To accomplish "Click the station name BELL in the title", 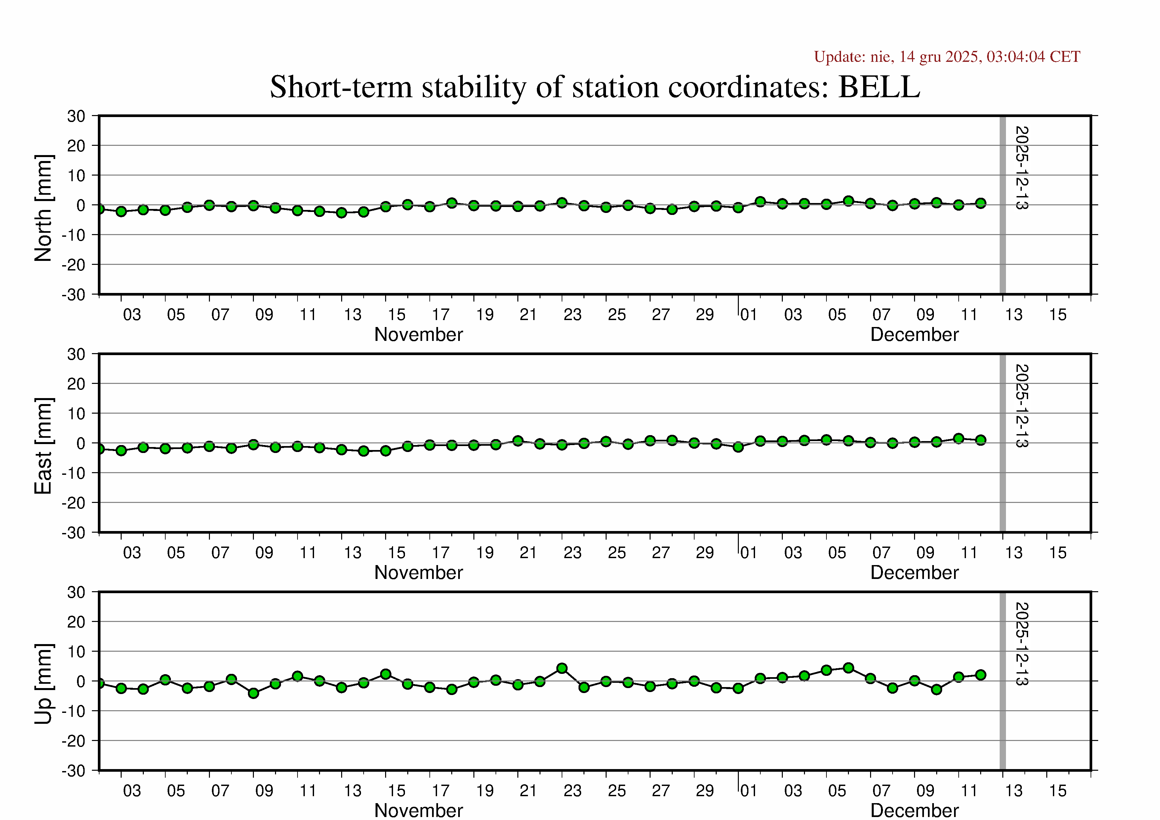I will point(879,87).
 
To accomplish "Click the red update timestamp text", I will point(947,57).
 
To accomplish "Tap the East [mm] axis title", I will point(43,446).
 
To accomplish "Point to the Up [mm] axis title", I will point(43,683).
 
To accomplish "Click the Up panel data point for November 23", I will point(562,669).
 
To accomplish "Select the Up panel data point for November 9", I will point(254,693).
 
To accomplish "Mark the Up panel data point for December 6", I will point(849,668).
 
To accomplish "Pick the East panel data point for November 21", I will point(518,440).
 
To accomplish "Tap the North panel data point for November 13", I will point(341,213).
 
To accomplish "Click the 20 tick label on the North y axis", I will point(76,146).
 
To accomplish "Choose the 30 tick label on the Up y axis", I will point(76,592).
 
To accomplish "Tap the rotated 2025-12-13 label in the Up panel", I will point(1021,644).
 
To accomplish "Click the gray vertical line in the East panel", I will point(1003,443).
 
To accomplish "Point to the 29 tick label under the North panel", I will point(705,315).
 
